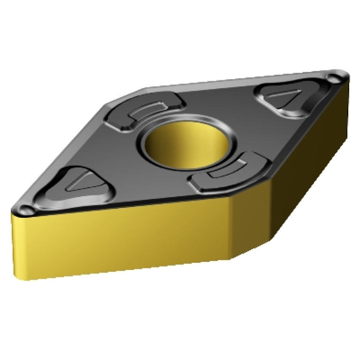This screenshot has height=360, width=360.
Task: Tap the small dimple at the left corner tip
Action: (x=24, y=208)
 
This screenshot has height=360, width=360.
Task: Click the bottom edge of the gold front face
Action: (x=127, y=269)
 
